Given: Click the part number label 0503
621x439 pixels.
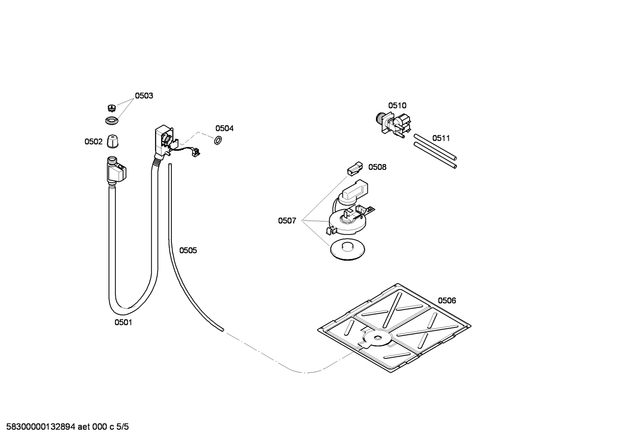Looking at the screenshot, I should (x=144, y=96).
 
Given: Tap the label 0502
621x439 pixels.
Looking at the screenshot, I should (x=93, y=141).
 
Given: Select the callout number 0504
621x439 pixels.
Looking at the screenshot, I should (x=224, y=128).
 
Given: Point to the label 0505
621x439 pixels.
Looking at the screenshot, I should (x=188, y=250).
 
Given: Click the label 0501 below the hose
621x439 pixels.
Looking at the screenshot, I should (x=123, y=322).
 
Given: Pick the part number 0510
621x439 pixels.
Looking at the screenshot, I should (x=397, y=106).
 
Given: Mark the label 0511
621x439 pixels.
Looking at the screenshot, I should (x=441, y=138).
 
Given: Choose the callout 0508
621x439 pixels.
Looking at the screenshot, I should (x=377, y=167).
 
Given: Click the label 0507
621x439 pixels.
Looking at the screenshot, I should (x=287, y=221).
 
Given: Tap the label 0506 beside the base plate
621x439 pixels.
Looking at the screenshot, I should (x=447, y=300).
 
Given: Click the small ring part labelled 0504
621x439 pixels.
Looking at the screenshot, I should (x=218, y=140).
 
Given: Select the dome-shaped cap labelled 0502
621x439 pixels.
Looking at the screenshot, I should (x=113, y=141).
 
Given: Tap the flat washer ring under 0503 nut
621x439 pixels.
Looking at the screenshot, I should (x=112, y=121).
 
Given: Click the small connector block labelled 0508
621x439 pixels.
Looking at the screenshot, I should (x=355, y=168).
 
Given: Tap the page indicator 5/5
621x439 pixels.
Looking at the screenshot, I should (x=123, y=427).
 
